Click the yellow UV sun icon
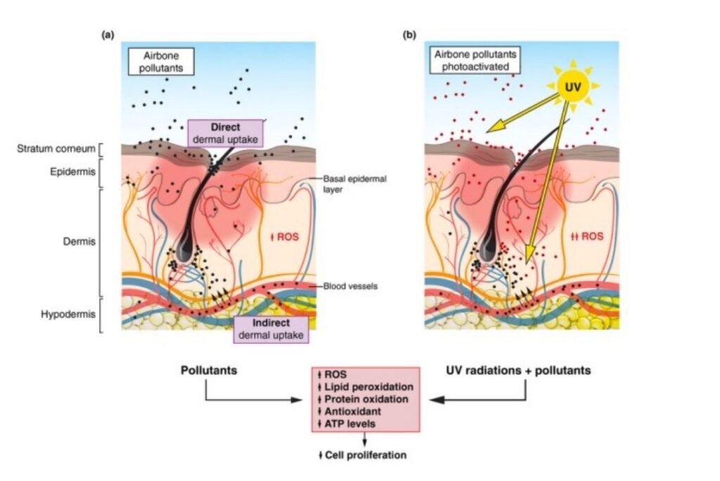(572, 86)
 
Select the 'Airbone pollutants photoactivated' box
(475, 61)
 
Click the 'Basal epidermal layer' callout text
(354, 184)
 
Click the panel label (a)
(108, 34)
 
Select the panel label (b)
(409, 34)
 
